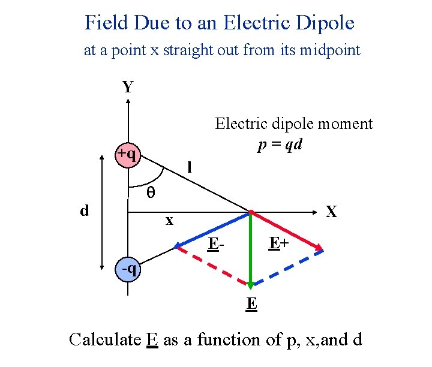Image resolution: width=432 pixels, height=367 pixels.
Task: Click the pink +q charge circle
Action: (127, 155)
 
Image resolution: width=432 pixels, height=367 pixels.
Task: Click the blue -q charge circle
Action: (128, 269)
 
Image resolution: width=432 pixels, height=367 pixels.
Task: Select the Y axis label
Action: (128, 88)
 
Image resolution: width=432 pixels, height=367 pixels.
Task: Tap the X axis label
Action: (331, 212)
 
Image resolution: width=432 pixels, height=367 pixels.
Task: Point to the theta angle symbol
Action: (151, 193)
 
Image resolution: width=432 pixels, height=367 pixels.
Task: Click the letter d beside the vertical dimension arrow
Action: (85, 210)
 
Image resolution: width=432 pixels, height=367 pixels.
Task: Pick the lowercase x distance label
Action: (169, 221)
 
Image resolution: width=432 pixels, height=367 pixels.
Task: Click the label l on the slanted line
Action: (189, 168)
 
